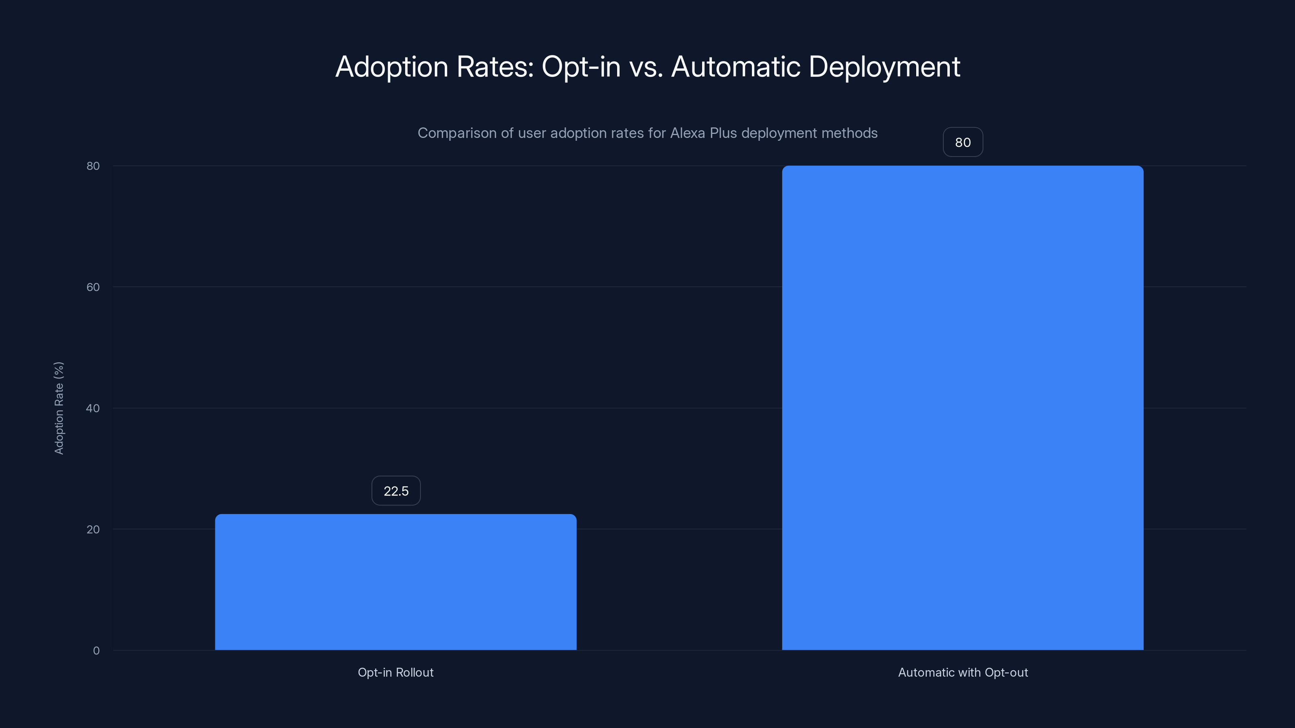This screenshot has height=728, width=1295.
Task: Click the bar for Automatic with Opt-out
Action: tap(962, 407)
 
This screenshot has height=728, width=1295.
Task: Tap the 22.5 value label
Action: tap(396, 491)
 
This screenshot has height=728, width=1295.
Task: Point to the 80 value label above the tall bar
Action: tap(962, 142)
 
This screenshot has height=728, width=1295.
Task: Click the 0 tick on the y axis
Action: tap(96, 651)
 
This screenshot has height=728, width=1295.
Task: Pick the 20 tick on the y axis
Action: tap(93, 529)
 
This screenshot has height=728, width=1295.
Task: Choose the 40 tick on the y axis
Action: tap(93, 408)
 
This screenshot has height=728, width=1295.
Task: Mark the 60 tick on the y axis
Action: tap(93, 287)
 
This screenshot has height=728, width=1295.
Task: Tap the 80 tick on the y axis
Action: tap(93, 166)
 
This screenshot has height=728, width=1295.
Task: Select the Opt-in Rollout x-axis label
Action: tap(396, 672)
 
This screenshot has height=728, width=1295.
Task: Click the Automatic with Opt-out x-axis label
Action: tap(962, 672)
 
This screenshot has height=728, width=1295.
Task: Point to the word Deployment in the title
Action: tap(884, 67)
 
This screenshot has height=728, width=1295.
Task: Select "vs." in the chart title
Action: tap(646, 67)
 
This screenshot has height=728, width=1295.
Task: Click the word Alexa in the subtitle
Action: tap(687, 133)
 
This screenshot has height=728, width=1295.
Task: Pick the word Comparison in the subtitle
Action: tap(457, 133)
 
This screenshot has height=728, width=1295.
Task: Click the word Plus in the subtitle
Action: tap(723, 133)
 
